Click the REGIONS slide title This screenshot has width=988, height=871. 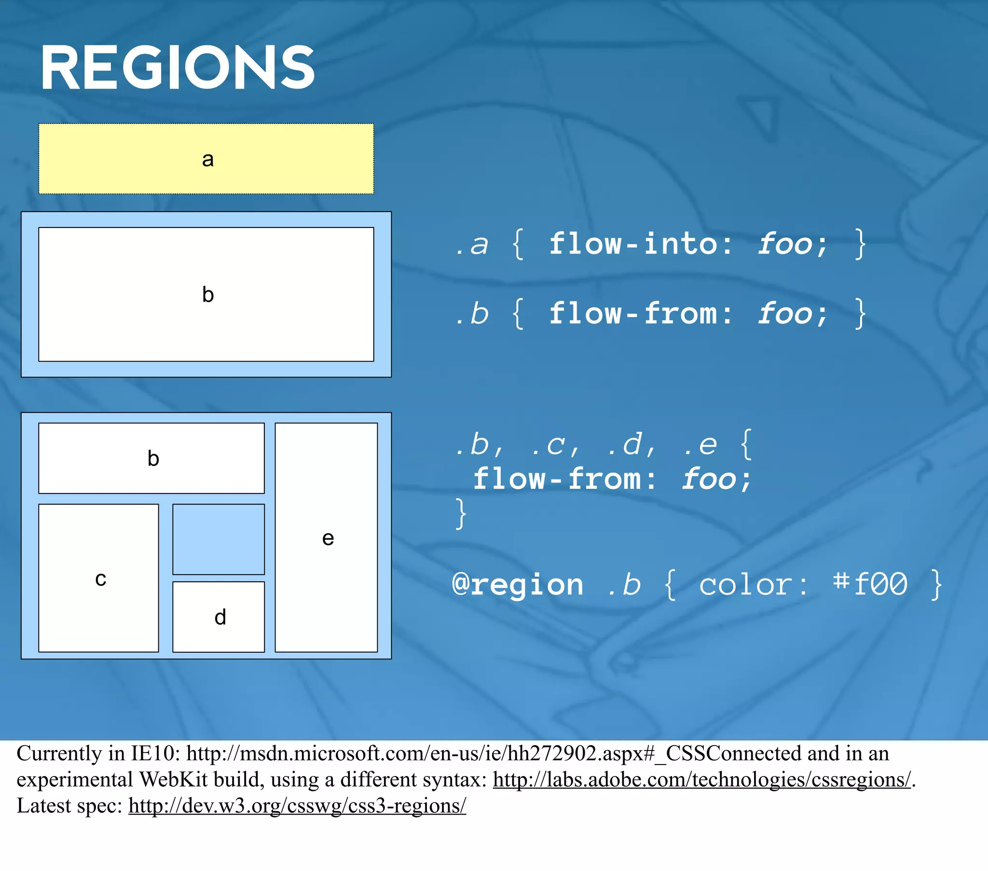178,67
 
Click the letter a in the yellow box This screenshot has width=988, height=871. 208,159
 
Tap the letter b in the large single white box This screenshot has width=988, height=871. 208,294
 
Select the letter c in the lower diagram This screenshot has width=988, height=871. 100,578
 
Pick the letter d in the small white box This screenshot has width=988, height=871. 220,617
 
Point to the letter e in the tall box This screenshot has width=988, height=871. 328,537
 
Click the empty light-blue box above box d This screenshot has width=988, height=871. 219,539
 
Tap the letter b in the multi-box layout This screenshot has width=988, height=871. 153,458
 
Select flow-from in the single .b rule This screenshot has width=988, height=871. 633,313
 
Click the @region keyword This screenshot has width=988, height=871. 518,585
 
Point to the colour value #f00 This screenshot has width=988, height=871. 870,585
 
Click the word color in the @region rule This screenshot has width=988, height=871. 752,585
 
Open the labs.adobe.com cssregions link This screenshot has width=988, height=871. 701,779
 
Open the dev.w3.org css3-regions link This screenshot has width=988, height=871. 297,805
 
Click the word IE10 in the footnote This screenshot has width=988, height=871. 152,753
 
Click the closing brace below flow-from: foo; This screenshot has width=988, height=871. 461,513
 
